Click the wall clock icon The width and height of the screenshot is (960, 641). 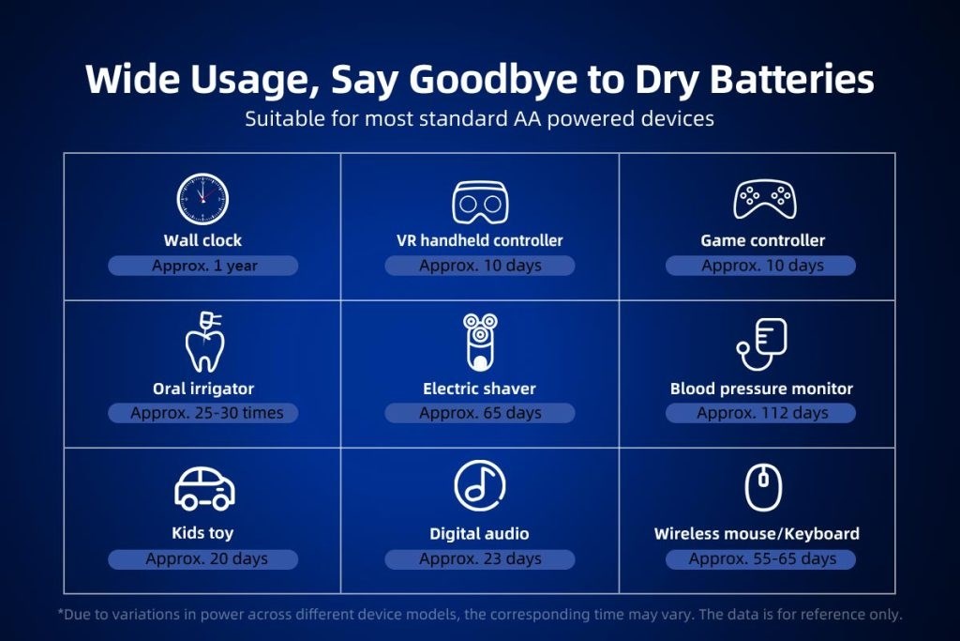[x=202, y=199]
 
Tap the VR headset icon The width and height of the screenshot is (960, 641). [x=480, y=202]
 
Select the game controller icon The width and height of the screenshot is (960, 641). [x=765, y=199]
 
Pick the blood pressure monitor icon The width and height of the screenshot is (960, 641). [x=761, y=343]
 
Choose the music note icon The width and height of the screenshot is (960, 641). [x=480, y=485]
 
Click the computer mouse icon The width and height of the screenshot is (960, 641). [x=763, y=487]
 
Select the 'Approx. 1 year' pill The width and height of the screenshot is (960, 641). [x=203, y=266]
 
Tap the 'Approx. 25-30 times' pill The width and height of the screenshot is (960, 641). [x=203, y=413]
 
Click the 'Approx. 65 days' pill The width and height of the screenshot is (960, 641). [x=480, y=413]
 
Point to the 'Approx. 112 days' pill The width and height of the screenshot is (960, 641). [x=761, y=413]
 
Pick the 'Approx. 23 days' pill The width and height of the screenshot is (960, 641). [x=480, y=559]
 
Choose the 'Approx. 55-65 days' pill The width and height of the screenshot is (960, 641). [x=761, y=559]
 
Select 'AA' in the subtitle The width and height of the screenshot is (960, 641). [x=527, y=118]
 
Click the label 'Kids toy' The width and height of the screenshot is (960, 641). [x=202, y=533]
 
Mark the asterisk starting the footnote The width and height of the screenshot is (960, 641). [x=61, y=612]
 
